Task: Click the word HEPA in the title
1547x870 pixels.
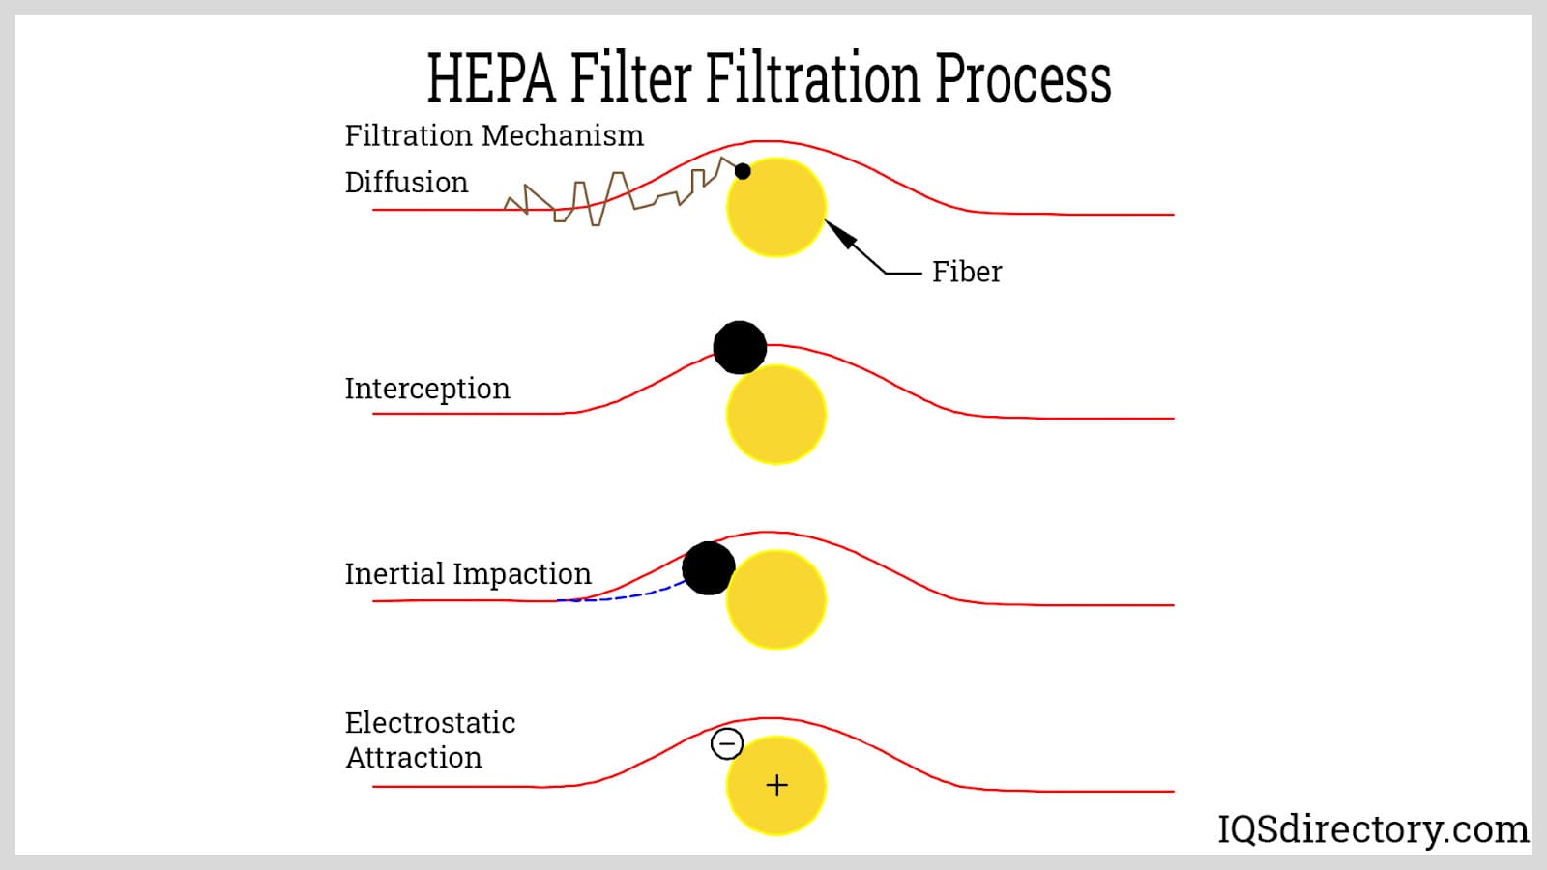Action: [491, 78]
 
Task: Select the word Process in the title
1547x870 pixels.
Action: [1024, 78]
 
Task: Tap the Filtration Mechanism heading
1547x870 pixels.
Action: [494, 135]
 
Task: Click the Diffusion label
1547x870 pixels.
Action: [406, 183]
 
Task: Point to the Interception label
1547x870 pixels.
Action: [427, 389]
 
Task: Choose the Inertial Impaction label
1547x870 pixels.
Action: [468, 574]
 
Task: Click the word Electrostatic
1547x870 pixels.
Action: [429, 723]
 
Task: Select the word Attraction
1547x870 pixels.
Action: [413, 758]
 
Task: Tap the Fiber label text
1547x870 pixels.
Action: [966, 272]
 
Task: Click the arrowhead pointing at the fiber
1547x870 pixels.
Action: [838, 233]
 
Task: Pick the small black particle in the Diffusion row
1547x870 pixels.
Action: [743, 171]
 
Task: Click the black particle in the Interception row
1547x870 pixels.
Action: [740, 347]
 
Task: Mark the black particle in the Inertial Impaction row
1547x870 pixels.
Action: [709, 568]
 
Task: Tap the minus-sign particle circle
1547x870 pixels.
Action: [726, 743]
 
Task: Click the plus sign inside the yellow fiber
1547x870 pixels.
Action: [777, 785]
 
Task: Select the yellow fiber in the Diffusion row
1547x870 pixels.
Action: [776, 207]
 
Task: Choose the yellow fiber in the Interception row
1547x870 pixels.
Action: [776, 415]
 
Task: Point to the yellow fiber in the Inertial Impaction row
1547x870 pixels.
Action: [776, 599]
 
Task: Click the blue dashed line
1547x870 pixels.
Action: [622, 596]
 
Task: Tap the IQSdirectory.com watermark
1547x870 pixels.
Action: [1373, 829]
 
